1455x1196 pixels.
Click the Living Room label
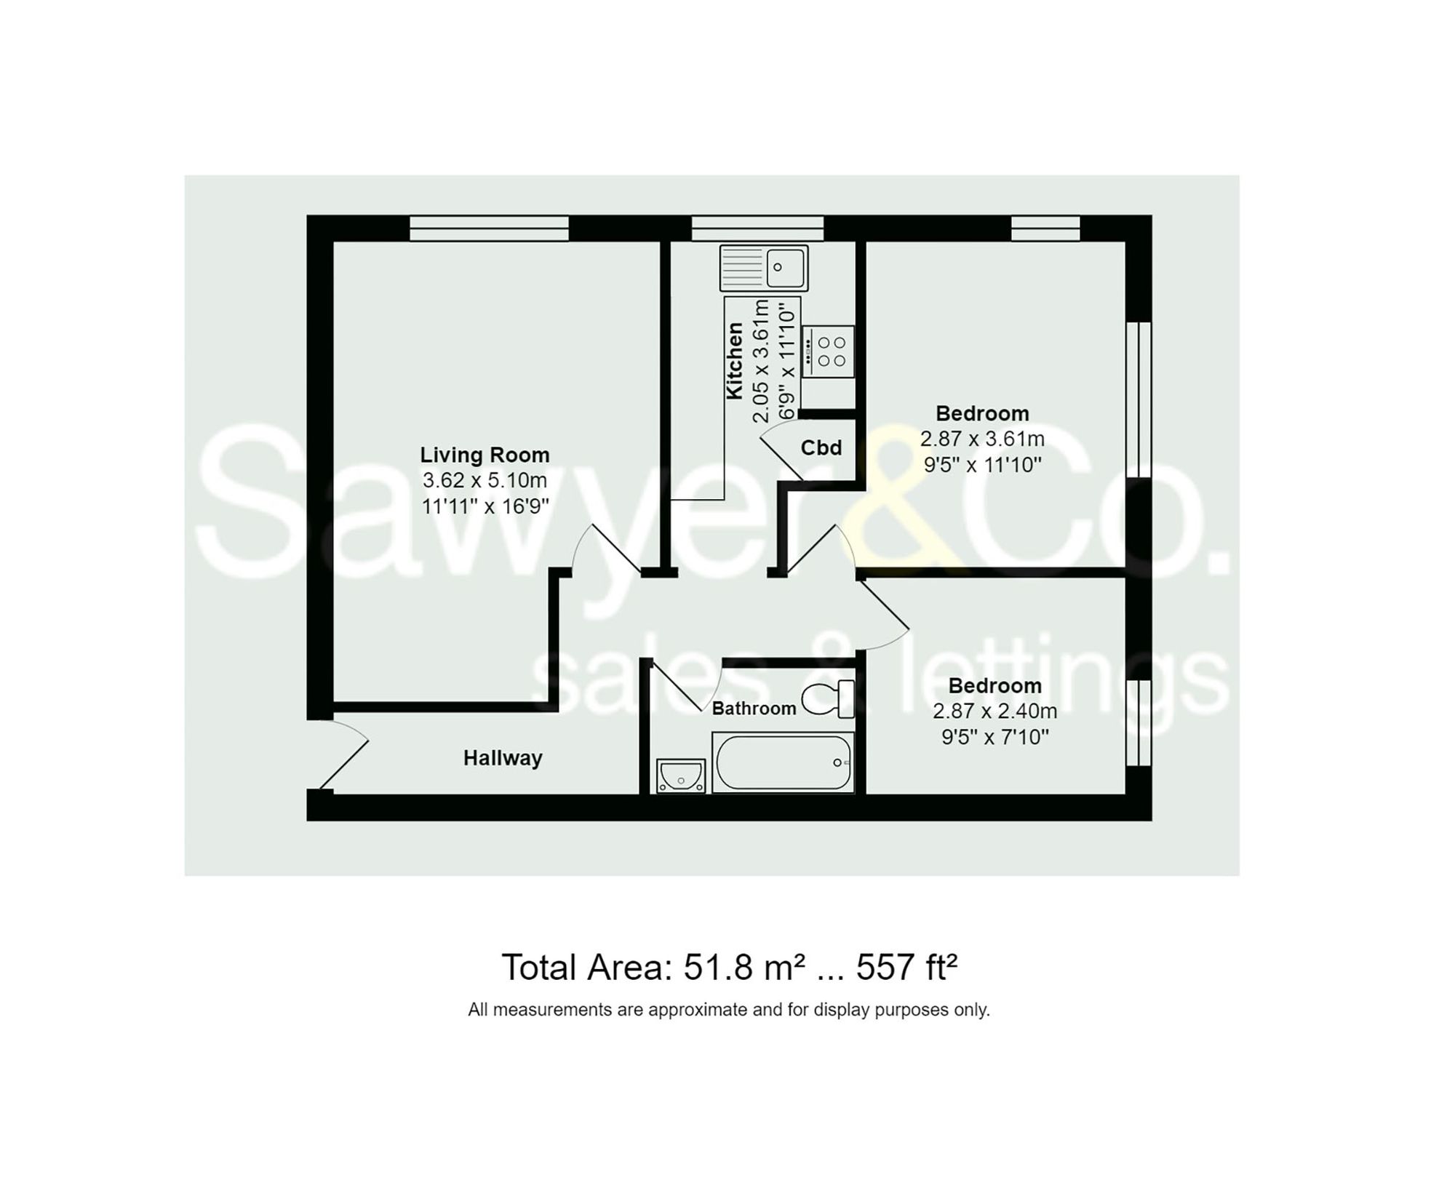pos(485,455)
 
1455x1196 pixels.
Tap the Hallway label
pos(503,758)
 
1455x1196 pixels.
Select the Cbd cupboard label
pos(821,447)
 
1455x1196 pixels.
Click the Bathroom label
pos(754,708)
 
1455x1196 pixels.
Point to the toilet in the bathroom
pos(829,699)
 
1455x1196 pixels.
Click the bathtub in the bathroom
pos(783,762)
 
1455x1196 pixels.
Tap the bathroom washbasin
pos(681,776)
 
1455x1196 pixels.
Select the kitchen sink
pos(764,267)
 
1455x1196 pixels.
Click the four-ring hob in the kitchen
pos(829,351)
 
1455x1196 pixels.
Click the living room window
pos(489,228)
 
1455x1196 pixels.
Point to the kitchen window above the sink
pos(757,228)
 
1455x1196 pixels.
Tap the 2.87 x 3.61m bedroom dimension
pos(982,439)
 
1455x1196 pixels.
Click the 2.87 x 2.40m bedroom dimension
pos(994,711)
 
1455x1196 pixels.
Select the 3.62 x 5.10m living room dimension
pos(485,480)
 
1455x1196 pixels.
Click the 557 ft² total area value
pos(906,968)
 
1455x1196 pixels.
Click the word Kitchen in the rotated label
pos(735,360)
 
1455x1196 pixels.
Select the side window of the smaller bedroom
pos(1139,722)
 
